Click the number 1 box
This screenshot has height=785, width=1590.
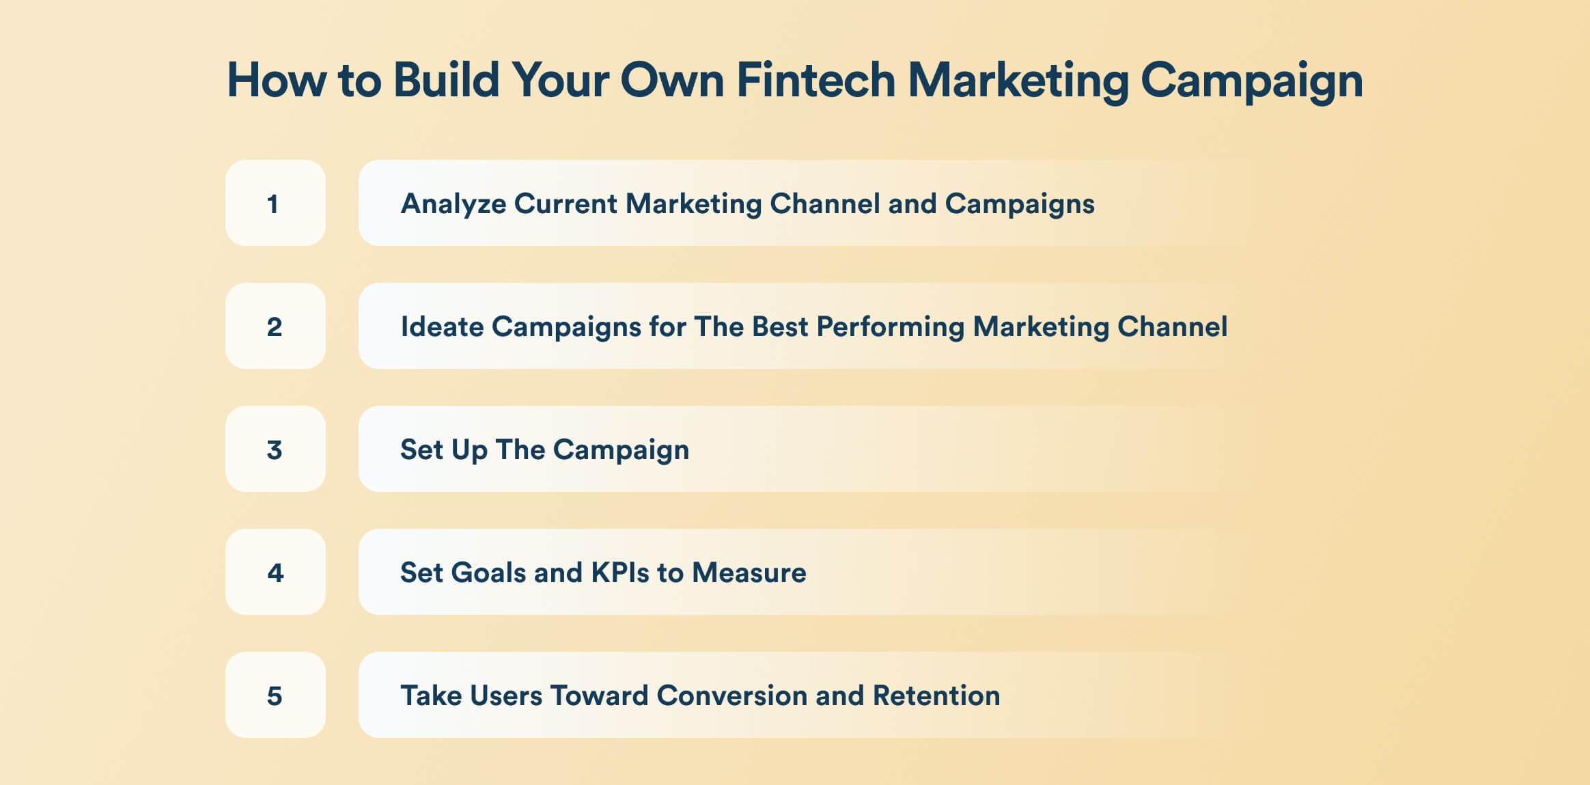click(x=275, y=203)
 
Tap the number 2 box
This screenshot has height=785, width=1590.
click(x=275, y=326)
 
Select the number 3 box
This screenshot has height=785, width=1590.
click(x=275, y=449)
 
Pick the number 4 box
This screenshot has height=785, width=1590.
click(x=275, y=572)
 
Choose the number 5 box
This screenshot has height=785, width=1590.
click(x=275, y=695)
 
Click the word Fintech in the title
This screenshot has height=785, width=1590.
click(x=815, y=80)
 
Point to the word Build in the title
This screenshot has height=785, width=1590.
click(x=447, y=80)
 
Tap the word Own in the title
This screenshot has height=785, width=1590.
click(x=671, y=81)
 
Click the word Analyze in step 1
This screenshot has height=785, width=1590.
click(x=454, y=204)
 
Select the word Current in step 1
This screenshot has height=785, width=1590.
click(x=565, y=204)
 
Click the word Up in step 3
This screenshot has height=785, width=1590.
click(x=469, y=450)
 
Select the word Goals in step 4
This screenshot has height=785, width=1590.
click(x=488, y=573)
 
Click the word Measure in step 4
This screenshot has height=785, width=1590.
click(x=749, y=573)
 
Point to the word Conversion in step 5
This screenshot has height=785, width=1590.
click(x=731, y=696)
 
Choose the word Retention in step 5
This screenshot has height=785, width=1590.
click(x=936, y=696)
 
